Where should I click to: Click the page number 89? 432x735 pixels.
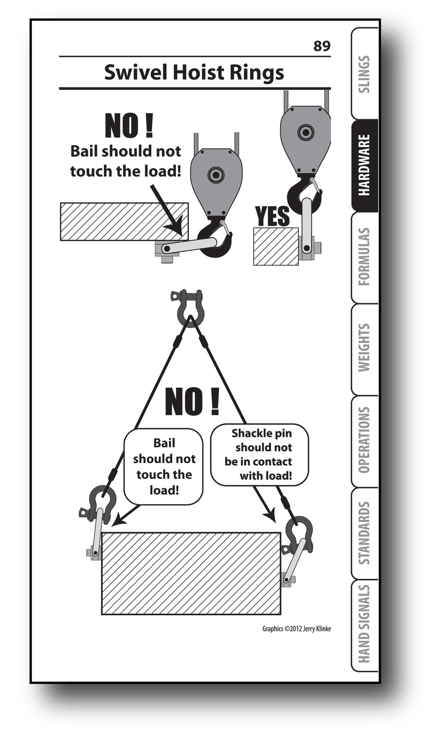point(322,46)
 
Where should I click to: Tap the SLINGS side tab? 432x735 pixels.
point(364,74)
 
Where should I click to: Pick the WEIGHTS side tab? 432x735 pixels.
point(364,348)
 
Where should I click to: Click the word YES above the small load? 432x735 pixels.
point(272,216)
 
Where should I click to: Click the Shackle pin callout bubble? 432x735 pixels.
point(259,454)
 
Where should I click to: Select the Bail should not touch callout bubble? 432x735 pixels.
point(164,467)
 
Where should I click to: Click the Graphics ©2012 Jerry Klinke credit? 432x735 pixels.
point(296,629)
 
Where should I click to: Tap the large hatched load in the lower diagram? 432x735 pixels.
point(191,573)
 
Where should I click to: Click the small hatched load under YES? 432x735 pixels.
point(276,246)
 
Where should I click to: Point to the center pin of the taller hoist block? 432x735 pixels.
point(305,132)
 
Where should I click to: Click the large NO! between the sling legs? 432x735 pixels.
point(192,402)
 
